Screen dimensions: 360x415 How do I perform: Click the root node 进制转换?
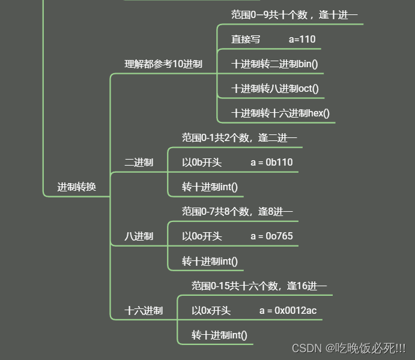(x=76, y=187)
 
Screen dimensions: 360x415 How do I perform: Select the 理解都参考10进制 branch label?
(x=163, y=64)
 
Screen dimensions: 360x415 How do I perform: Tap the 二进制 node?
(x=139, y=163)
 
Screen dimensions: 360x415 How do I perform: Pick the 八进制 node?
(x=139, y=236)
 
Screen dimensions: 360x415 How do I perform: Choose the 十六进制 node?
(x=144, y=311)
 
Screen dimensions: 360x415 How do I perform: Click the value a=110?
(x=302, y=40)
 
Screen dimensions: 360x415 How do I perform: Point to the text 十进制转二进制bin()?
(x=274, y=64)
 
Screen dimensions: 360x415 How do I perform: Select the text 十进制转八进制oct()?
(x=275, y=89)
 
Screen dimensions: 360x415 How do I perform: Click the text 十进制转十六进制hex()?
(x=280, y=113)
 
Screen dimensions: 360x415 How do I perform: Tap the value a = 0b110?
(x=271, y=163)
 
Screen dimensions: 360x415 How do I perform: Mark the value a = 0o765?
(x=271, y=236)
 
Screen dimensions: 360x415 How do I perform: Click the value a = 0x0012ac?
(x=288, y=311)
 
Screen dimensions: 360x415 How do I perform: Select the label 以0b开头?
(x=202, y=163)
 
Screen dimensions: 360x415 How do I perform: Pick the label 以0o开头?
(x=202, y=236)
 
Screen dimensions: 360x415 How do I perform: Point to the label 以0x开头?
(x=211, y=311)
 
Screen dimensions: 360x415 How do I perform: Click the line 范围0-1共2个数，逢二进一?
(x=239, y=138)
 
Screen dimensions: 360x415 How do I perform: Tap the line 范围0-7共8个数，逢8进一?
(x=237, y=212)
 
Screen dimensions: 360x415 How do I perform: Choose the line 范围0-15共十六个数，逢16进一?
(x=259, y=286)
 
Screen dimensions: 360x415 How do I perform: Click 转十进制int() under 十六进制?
(x=219, y=335)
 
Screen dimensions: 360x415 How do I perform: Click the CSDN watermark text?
(x=348, y=348)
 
